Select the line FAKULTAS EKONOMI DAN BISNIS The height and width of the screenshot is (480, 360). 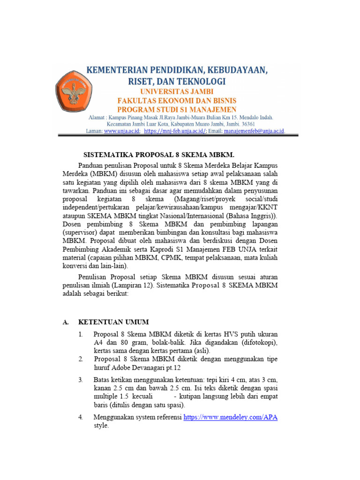point(177,101)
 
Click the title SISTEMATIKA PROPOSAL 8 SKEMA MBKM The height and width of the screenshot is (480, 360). point(158,155)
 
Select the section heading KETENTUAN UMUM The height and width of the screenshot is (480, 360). point(113,322)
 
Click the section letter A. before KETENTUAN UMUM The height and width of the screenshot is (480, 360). point(66,322)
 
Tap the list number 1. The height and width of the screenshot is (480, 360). point(81,334)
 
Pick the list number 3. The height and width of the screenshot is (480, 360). point(81,380)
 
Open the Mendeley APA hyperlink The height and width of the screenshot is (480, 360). point(230,417)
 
